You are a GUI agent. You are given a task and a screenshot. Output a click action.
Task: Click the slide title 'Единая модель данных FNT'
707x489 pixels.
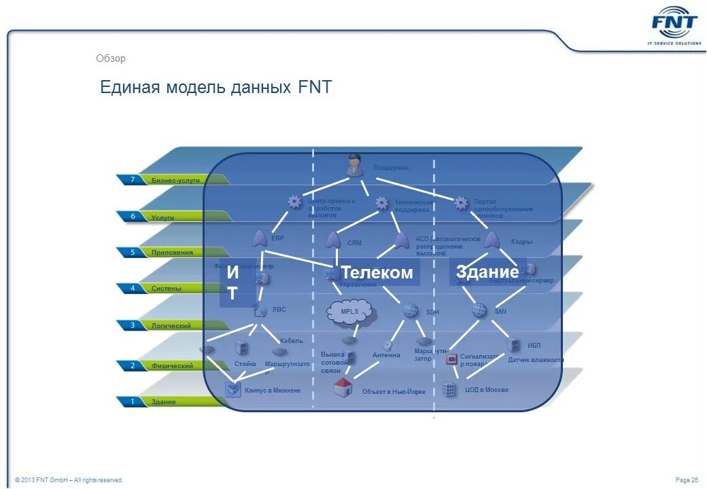tap(215, 88)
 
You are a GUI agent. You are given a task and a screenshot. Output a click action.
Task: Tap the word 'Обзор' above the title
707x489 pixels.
tap(111, 58)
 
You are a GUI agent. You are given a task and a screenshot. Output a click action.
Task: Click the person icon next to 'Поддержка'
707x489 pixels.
tap(353, 165)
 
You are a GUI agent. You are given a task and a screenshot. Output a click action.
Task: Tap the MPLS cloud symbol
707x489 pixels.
tap(350, 312)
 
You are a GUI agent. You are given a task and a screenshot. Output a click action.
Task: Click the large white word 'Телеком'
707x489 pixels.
tap(377, 272)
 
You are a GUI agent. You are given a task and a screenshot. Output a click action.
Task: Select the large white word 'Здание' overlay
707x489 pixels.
tap(487, 270)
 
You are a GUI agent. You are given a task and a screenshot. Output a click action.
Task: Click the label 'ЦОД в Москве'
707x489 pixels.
tap(487, 390)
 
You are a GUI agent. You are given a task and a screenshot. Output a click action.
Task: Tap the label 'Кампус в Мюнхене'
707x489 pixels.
tap(272, 391)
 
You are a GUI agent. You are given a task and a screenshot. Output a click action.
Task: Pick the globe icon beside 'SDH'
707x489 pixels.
tap(411, 310)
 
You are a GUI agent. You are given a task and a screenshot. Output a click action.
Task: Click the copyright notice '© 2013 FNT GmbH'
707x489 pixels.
tap(69, 480)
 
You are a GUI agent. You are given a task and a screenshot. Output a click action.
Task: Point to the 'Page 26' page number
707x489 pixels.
tap(687, 480)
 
